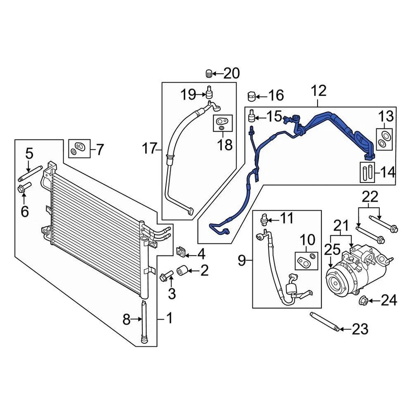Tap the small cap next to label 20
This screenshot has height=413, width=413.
coord(209,74)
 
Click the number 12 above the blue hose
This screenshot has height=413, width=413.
coord(318,91)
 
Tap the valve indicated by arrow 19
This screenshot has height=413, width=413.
coord(210,94)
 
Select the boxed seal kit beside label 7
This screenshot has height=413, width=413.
coord(79,148)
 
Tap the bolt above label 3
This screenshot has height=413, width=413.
coord(166,276)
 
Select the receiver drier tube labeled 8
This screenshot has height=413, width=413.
coord(143,323)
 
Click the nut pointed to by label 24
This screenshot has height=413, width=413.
coord(363,300)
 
